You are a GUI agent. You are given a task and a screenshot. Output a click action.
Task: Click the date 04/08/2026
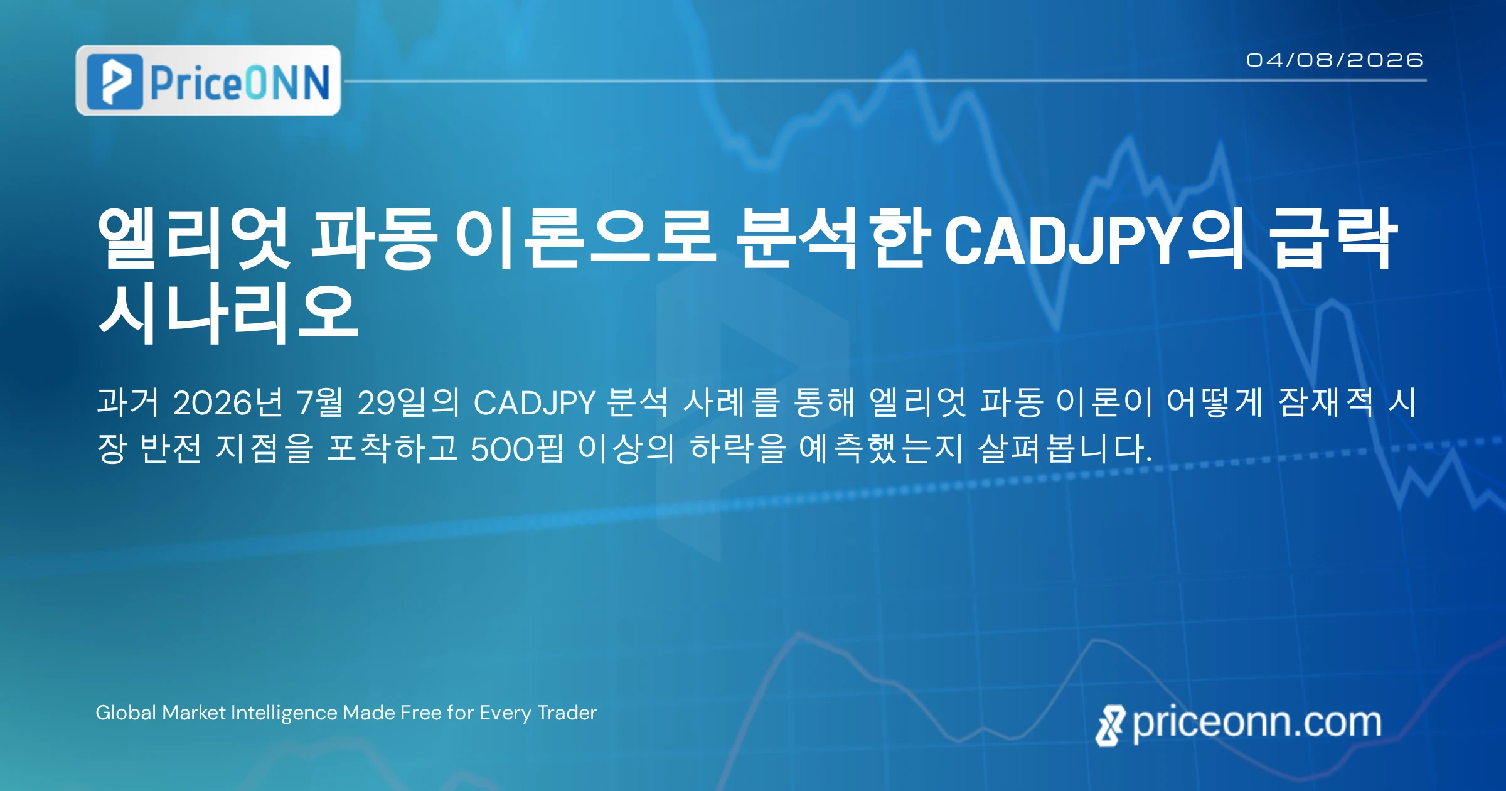tap(1335, 60)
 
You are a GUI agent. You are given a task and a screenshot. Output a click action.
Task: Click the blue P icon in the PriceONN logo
tap(115, 82)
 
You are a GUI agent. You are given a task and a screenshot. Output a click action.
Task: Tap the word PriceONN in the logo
tap(240, 82)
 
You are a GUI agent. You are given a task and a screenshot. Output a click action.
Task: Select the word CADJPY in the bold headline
tap(1063, 239)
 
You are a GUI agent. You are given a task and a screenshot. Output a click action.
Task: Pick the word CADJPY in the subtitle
tap(534, 403)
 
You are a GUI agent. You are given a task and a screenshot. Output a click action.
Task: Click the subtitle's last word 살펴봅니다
tap(1065, 449)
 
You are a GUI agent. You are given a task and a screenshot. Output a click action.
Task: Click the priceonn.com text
tap(1257, 723)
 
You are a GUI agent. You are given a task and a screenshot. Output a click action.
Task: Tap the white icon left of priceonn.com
tap(1111, 725)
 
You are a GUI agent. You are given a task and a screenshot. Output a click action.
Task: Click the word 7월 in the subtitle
tap(320, 402)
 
